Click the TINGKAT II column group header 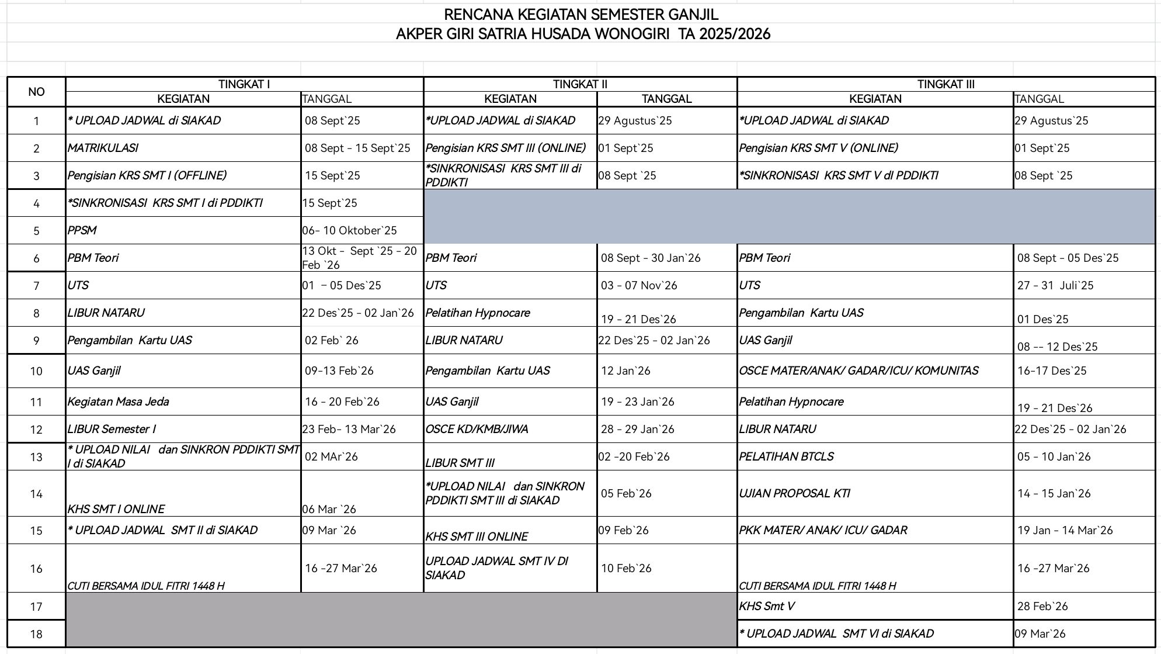[580, 84]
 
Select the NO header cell [36, 92]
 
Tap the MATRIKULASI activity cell [103, 148]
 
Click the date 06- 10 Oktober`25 [349, 230]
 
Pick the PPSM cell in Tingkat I [82, 230]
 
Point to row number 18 [36, 634]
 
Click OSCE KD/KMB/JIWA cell [477, 429]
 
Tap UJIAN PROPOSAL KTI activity [794, 493]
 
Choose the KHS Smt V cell [766, 606]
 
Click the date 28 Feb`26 [1042, 606]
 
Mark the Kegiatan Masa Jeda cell [118, 402]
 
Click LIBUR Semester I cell [112, 429]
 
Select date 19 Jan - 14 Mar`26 [1065, 530]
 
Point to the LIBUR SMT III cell [460, 463]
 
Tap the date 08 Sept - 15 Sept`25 [357, 148]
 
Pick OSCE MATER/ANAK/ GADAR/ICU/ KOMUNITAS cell [858, 371]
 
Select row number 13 [36, 457]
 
